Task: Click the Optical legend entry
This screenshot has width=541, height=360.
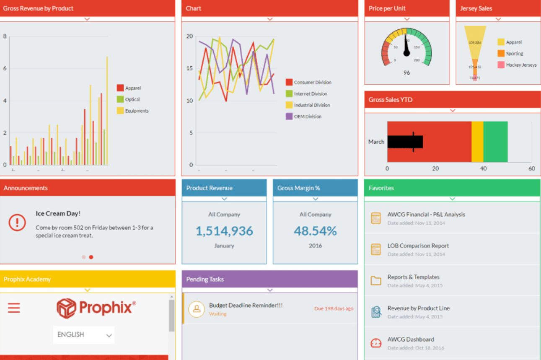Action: tap(132, 99)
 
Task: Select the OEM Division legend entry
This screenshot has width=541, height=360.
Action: tap(308, 117)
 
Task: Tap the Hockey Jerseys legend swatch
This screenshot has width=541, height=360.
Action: tap(501, 65)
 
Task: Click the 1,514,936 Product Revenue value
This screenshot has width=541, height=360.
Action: tap(224, 231)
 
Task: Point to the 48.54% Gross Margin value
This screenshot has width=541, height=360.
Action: tap(315, 231)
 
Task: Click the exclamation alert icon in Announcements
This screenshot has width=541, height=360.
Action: tap(17, 223)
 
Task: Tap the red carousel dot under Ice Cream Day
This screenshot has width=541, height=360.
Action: tap(91, 257)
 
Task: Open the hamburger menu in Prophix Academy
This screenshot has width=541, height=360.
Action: tap(14, 308)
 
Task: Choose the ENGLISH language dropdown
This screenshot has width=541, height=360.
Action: tap(84, 334)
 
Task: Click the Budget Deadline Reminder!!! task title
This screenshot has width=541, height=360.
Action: tap(246, 306)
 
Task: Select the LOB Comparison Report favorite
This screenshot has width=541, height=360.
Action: tap(418, 246)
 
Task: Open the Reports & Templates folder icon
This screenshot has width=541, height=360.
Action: tap(376, 280)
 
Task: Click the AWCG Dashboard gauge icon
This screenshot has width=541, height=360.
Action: tap(376, 343)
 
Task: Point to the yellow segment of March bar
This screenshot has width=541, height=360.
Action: tap(477, 142)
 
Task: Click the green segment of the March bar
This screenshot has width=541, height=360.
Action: tap(495, 142)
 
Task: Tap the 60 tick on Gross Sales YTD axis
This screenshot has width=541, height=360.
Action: tap(531, 168)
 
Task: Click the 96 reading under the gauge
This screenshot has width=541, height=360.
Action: tap(406, 73)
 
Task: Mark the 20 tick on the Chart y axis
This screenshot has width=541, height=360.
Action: tap(189, 36)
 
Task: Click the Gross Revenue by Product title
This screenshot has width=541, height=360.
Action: tap(38, 8)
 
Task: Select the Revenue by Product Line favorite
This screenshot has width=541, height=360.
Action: tap(418, 308)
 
